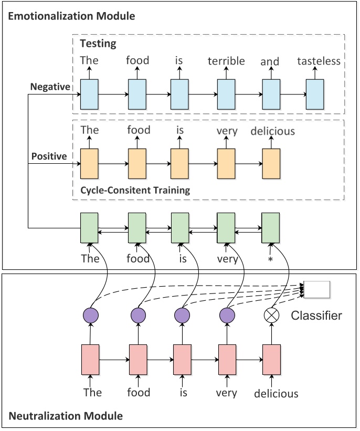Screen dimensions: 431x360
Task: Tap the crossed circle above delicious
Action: [x=271, y=315]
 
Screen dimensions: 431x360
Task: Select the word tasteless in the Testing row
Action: [x=319, y=61]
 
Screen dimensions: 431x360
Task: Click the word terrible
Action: [x=226, y=61]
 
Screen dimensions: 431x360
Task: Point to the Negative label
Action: [x=50, y=87]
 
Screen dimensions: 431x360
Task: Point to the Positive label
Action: [x=49, y=156]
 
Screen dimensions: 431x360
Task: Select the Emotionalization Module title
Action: [x=71, y=16]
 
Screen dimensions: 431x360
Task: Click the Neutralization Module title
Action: [x=66, y=416]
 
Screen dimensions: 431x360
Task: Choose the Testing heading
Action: [x=98, y=44]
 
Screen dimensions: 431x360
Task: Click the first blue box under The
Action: [x=89, y=94]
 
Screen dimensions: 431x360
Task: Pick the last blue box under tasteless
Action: [x=315, y=94]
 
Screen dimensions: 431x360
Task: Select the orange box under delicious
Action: [x=271, y=164]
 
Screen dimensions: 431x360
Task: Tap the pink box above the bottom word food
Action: [x=138, y=360]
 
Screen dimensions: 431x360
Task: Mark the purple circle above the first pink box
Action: [x=91, y=315]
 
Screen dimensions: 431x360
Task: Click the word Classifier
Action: [x=316, y=316]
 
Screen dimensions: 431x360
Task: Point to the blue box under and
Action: [x=271, y=94]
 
